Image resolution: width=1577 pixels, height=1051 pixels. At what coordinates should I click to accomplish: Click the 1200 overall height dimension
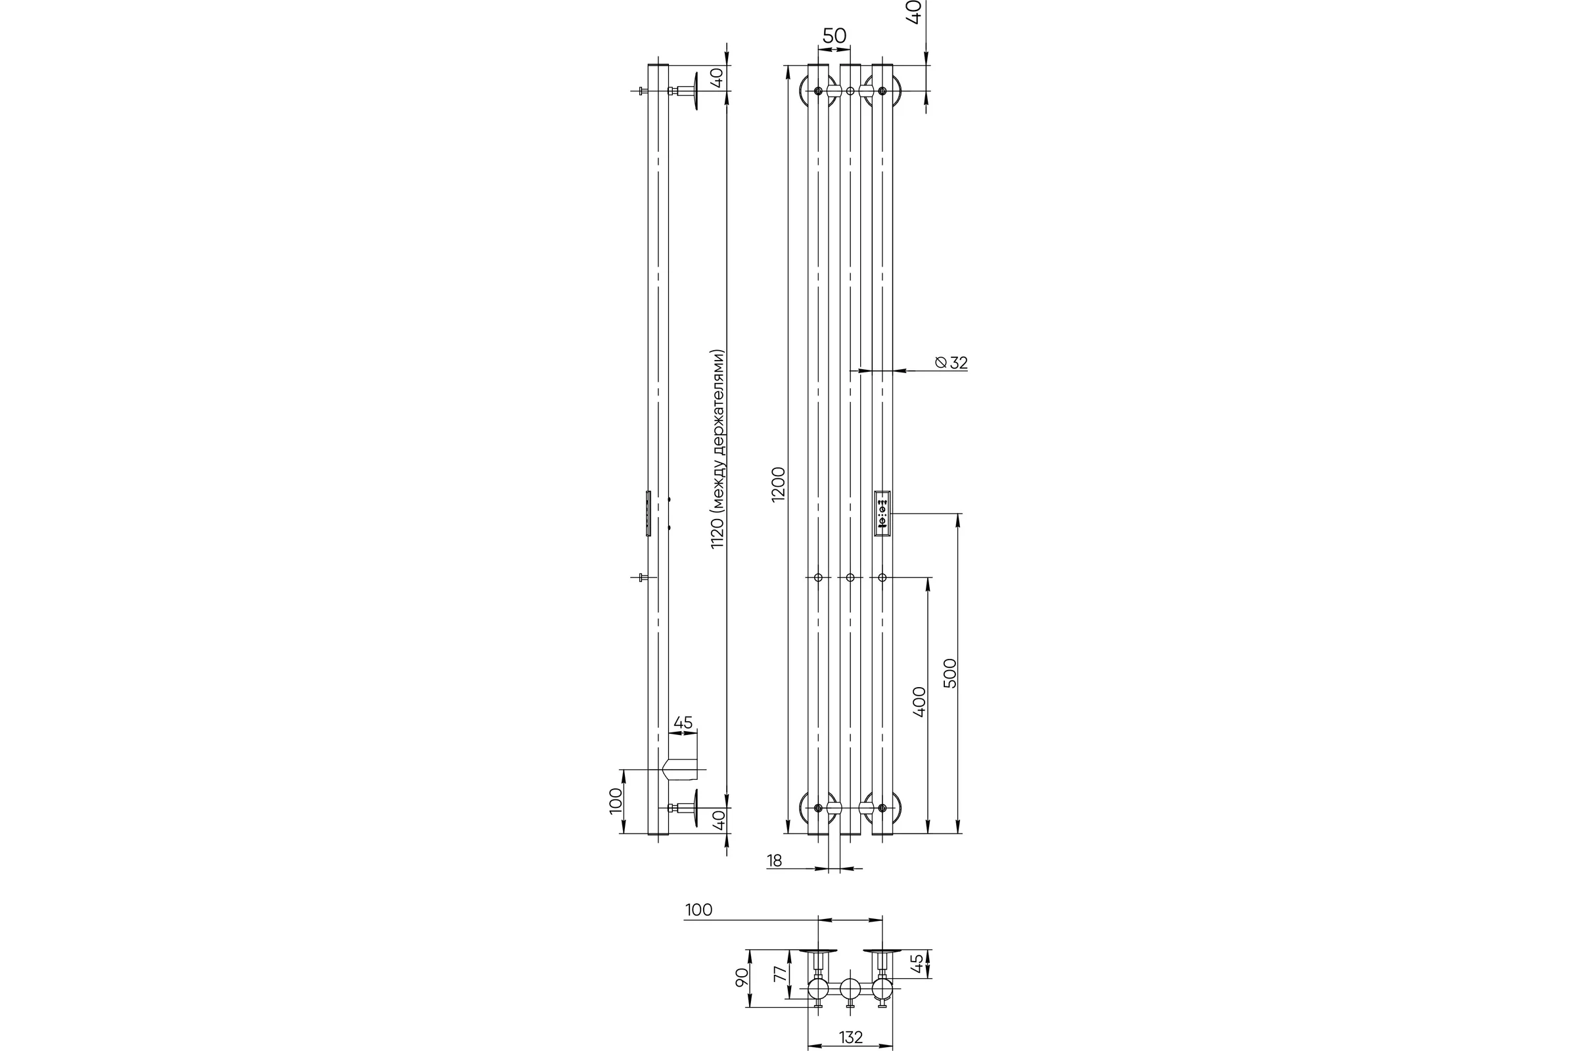(778, 484)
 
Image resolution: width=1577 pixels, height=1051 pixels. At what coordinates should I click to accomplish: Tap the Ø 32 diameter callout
(951, 363)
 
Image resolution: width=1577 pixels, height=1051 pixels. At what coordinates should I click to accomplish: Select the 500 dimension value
(950, 673)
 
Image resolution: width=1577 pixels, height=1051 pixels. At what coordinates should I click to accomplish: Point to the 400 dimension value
(919, 702)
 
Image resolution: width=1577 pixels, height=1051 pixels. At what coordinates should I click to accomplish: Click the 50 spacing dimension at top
(834, 35)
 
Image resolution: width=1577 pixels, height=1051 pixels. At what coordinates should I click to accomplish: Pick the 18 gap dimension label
(775, 861)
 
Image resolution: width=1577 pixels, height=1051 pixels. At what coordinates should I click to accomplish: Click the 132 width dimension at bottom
(851, 1037)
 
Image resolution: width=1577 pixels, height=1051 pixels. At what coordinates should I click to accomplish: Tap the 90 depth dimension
(741, 977)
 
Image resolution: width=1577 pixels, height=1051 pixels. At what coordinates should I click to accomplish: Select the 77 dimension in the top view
(780, 974)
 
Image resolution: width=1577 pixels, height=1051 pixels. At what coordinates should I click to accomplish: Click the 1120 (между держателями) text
(718, 449)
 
